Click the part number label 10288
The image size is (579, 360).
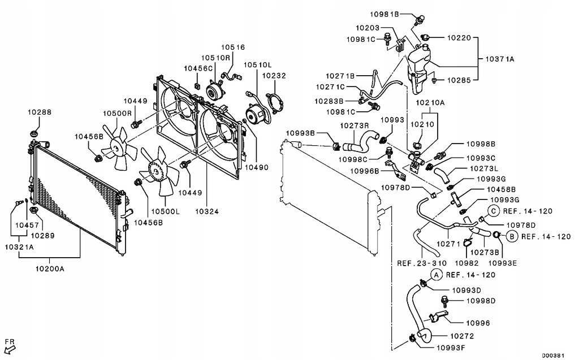coord(39,112)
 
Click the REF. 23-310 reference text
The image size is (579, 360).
coord(421,263)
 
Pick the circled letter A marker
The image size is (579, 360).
coord(437,275)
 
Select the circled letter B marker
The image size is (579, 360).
coord(511,236)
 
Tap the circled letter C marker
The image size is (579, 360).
coord(494,211)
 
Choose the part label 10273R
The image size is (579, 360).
coord(354,125)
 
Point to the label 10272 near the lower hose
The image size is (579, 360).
coord(463,336)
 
